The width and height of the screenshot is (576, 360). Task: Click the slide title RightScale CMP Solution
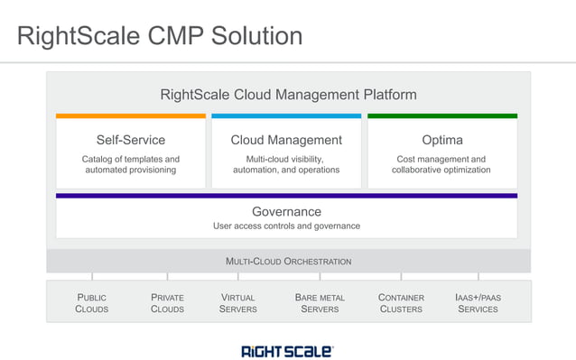tap(160, 36)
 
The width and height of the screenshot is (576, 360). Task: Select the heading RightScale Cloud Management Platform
tap(288, 94)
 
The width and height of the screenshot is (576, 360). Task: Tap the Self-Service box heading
tap(131, 140)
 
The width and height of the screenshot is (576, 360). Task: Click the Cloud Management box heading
tap(286, 140)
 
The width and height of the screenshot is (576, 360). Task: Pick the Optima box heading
tap(441, 140)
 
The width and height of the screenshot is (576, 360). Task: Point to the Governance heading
tap(286, 211)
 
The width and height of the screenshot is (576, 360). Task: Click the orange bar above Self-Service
tap(131, 115)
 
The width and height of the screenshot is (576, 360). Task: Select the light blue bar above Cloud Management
tap(286, 115)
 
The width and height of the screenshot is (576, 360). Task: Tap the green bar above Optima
tap(441, 115)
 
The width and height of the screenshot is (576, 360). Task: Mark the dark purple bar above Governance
tap(286, 195)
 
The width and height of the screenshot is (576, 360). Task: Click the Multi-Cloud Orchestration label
tap(288, 262)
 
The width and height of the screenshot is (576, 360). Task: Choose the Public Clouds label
tap(92, 303)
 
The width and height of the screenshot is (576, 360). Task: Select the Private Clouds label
tap(167, 303)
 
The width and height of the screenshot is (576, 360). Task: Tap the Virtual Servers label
tap(238, 303)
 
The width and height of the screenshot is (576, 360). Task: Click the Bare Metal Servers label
tap(320, 303)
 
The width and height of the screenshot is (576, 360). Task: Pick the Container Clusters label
tap(401, 303)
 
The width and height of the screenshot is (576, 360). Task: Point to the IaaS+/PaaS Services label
tap(478, 303)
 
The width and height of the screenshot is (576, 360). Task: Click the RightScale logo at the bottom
tap(287, 350)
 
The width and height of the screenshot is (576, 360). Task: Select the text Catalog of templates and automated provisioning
tap(131, 164)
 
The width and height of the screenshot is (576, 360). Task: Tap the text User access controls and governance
tap(286, 226)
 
